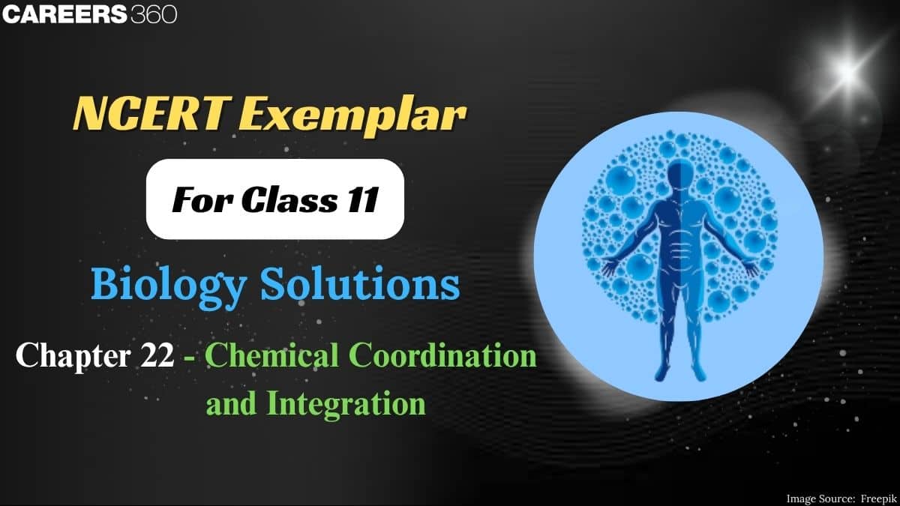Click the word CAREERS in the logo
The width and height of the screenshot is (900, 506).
(x=64, y=14)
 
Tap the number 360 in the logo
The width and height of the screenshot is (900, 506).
(x=153, y=14)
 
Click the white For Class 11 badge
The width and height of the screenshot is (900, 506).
(x=274, y=199)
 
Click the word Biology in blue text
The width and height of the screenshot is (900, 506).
(x=160, y=286)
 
